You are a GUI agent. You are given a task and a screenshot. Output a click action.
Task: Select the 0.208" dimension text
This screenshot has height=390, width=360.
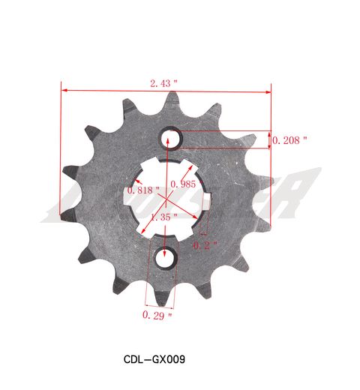(x=289, y=140)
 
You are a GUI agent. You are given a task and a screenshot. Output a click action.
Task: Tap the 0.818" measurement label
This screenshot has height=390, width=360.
(x=143, y=190)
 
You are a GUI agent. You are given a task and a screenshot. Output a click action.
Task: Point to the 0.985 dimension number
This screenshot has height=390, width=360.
(x=183, y=184)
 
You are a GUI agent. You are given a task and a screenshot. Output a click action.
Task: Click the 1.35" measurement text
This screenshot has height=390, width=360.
(x=163, y=217)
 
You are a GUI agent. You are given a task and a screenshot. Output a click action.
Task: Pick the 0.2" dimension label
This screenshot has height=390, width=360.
(x=205, y=245)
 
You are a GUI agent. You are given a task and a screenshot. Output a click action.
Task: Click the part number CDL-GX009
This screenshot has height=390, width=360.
(x=154, y=358)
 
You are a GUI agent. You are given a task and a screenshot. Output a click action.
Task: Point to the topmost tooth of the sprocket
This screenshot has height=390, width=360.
(x=173, y=97)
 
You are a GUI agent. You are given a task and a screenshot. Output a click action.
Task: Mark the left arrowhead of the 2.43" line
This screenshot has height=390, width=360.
(x=63, y=91)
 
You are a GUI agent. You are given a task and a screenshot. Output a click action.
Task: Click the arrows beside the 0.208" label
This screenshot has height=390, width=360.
(x=270, y=139)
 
